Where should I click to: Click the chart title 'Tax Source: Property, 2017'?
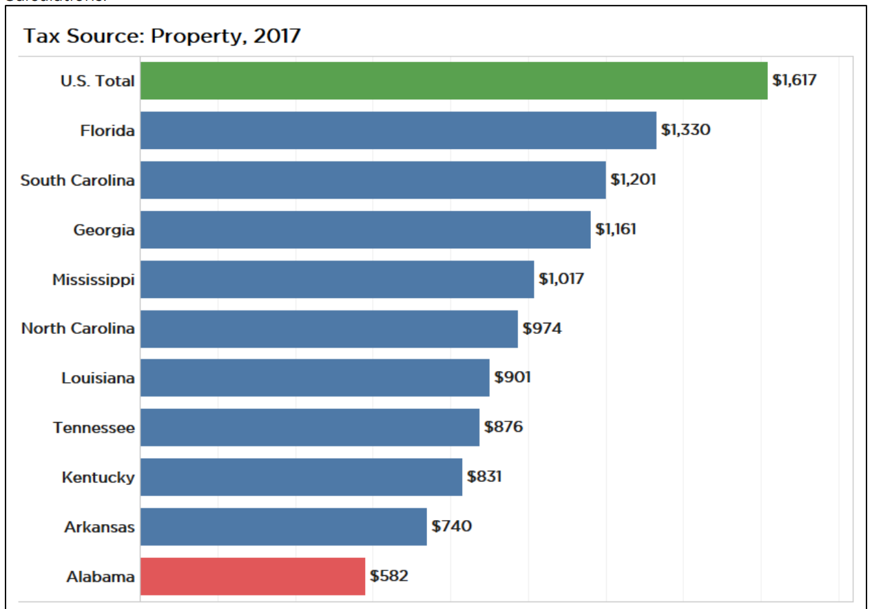pos(162,36)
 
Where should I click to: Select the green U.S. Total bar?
pos(453,81)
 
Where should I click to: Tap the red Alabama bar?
pos(252,577)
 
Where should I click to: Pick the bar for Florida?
pos(398,130)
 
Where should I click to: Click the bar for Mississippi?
pos(337,279)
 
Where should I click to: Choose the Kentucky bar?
pos(301,477)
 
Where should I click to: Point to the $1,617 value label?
pos(794,80)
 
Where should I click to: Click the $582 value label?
pos(389,576)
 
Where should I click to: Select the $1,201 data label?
pos(633,179)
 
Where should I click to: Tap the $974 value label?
pos(542,328)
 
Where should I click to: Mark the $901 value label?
pos(512,377)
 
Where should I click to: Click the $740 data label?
pos(452,526)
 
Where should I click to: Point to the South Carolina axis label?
pos(78,180)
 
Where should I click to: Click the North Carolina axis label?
pos(78,328)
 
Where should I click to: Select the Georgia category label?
pos(104,230)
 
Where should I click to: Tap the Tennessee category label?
pos(94,428)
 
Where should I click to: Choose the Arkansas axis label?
pos(100,527)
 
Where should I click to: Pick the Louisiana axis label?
pos(98,378)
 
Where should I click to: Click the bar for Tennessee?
pos(309,428)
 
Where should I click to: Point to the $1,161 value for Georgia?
pos(616,229)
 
